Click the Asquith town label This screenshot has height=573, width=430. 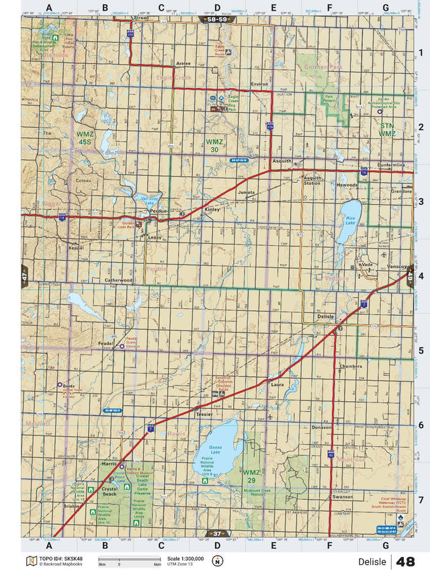(x=282, y=161)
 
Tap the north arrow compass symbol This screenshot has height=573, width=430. (x=217, y=562)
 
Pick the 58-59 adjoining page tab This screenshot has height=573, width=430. (x=216, y=20)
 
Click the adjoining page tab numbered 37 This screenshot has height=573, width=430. (x=216, y=533)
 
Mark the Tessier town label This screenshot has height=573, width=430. (x=204, y=414)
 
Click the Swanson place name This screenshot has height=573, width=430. (x=342, y=497)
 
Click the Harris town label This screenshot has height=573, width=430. (x=110, y=464)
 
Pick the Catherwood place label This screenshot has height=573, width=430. (x=118, y=279)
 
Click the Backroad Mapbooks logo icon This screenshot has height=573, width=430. (x=30, y=561)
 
